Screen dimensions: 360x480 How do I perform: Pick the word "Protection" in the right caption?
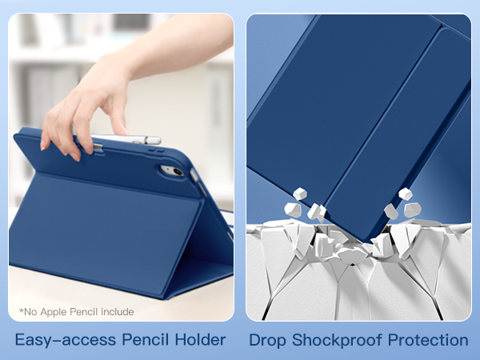[428, 340]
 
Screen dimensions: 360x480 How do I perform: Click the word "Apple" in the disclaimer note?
[61, 312]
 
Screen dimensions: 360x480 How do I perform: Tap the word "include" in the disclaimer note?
[117, 312]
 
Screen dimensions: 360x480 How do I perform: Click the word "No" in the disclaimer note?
[30, 312]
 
